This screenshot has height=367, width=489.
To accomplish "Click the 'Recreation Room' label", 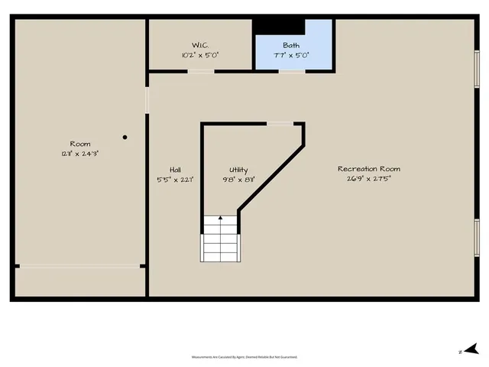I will click(x=369, y=169).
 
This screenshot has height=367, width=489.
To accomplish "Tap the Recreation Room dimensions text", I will click(x=369, y=180).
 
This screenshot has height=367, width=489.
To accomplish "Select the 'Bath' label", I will click(x=291, y=46).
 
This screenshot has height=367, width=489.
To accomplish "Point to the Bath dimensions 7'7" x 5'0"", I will click(x=291, y=56).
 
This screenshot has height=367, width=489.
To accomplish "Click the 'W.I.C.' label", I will click(x=200, y=44).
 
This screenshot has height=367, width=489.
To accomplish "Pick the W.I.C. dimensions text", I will click(x=200, y=55).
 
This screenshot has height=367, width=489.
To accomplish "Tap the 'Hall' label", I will click(x=175, y=170).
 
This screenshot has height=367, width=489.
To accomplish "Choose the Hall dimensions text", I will click(x=175, y=180).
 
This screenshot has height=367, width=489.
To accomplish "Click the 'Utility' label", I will click(x=238, y=170).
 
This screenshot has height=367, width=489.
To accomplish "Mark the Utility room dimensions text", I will click(x=238, y=180).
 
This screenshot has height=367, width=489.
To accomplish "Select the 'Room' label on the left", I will click(x=80, y=144).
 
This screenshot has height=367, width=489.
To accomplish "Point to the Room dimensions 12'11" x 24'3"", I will click(x=80, y=154).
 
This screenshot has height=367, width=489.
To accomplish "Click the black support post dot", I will click(x=125, y=138).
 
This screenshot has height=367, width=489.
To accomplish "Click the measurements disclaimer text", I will click(x=244, y=357).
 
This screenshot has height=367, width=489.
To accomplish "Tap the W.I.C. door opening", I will click(x=200, y=72).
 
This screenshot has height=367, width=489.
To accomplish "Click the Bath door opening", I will click(x=291, y=72).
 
